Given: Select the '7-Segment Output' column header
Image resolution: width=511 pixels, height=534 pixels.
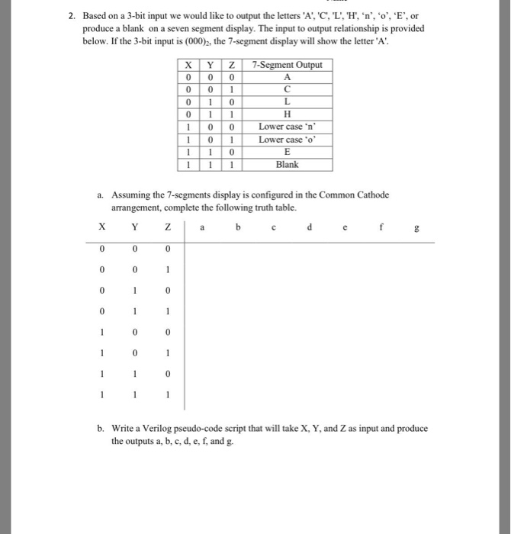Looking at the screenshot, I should tap(287, 65).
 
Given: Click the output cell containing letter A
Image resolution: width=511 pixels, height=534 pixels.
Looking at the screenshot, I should tap(287, 77).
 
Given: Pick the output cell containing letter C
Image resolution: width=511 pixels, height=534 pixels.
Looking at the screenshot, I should tap(287, 89).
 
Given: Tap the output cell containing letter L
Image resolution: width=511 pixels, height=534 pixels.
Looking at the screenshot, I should tap(287, 101).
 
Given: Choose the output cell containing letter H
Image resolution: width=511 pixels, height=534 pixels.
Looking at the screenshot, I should tap(287, 114).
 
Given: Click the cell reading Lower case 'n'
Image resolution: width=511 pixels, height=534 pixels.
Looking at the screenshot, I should tap(287, 127).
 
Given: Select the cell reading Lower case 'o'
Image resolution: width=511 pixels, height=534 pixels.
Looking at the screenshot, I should tap(287, 139).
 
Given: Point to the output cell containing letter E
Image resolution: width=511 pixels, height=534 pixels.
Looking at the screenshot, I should tap(287, 151).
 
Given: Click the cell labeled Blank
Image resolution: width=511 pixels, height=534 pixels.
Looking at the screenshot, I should tap(287, 164).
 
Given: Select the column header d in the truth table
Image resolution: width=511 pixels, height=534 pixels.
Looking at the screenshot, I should tap(309, 226).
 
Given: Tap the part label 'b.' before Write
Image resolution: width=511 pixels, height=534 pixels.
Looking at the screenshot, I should tap(101, 428).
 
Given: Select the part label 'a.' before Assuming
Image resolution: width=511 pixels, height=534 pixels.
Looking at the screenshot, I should tap(101, 195).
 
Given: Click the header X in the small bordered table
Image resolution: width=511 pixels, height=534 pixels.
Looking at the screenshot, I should tap(187, 65).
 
